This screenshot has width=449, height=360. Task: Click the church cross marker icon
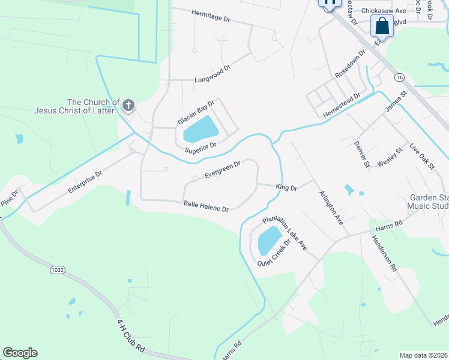tap(128, 106)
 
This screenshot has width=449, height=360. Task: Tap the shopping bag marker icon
tap(382, 26)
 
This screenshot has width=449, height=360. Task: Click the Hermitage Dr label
tap(211, 16)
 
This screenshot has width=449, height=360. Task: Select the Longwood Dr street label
tap(212, 79)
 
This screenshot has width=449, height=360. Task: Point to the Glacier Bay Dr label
tap(196, 113)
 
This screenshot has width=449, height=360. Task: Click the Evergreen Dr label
tap(222, 169)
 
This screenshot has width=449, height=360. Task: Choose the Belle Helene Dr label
tap(206, 206)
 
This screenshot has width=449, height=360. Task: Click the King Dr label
tap(286, 188)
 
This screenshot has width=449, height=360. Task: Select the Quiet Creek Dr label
tap(274, 254)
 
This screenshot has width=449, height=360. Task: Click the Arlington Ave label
tap(331, 207)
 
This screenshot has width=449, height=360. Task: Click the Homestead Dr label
tap(341, 104)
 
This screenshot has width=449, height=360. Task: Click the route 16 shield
tap(399, 77)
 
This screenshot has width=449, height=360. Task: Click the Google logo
tap(20, 353)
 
